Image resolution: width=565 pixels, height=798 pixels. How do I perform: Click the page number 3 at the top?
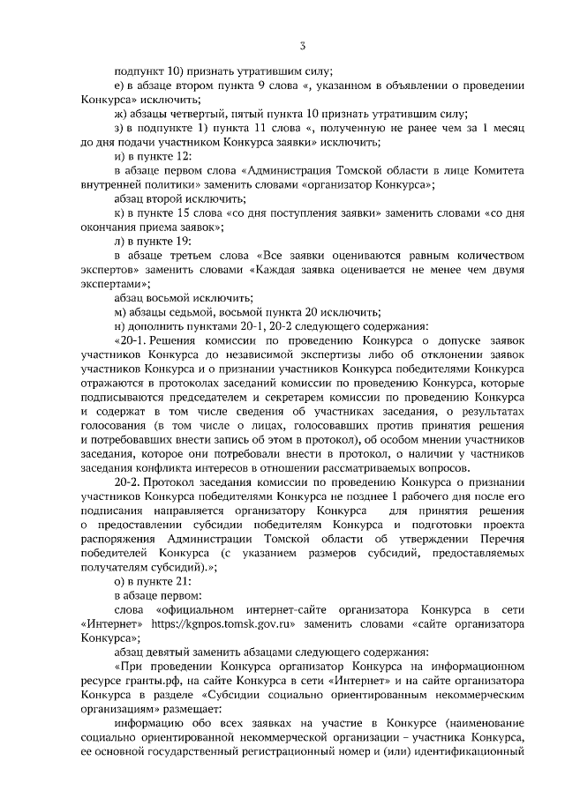pyautogui.click(x=302, y=45)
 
